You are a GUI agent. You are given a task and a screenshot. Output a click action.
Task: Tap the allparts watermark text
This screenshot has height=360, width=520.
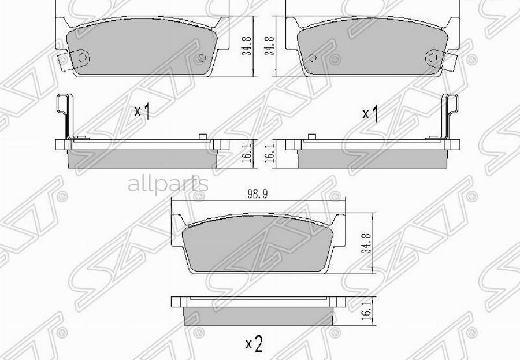pyautogui.click(x=168, y=184)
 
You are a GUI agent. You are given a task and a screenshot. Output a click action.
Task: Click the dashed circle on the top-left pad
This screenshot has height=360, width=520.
pyautogui.click(x=83, y=58)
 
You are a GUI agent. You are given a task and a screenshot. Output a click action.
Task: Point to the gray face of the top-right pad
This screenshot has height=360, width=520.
pyautogui.click(x=370, y=49)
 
